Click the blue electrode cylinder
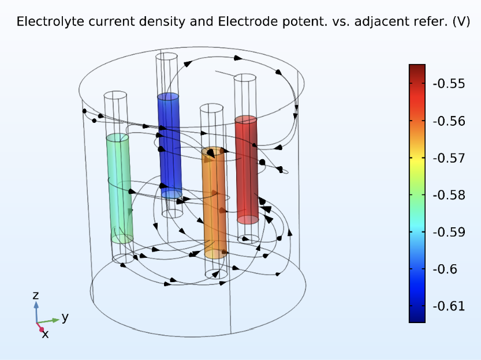click(x=169, y=145)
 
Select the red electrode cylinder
click(x=247, y=170)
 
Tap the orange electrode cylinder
click(x=214, y=202)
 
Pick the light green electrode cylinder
click(x=120, y=189)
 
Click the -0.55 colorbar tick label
click(x=449, y=84)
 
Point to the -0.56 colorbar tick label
click(x=449, y=121)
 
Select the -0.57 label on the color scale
click(x=449, y=159)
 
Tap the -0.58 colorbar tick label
click(x=449, y=195)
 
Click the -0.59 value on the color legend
click(x=449, y=232)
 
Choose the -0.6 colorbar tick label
click(x=445, y=269)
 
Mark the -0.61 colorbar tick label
click(x=449, y=306)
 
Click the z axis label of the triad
click(x=36, y=295)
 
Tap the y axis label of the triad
click(x=65, y=317)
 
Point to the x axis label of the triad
click(x=45, y=334)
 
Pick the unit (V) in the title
click(x=461, y=22)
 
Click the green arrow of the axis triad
click(x=48, y=321)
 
